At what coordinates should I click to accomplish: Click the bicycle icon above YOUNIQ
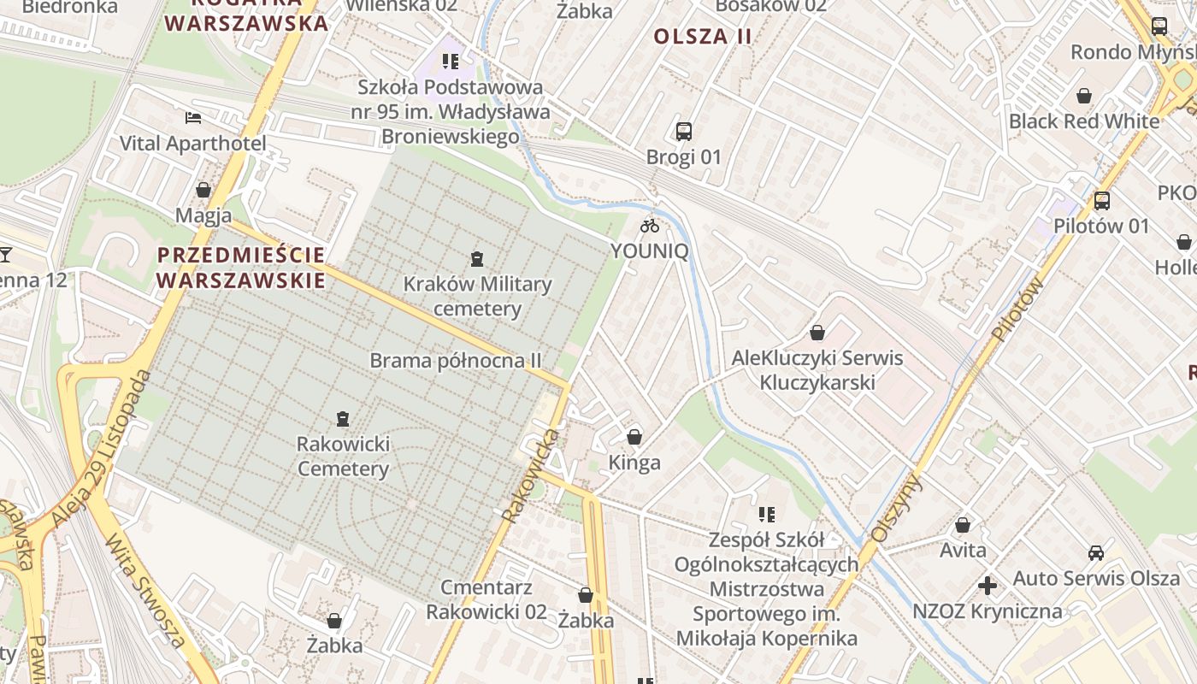click(650, 226)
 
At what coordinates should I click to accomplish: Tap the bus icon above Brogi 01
click(684, 132)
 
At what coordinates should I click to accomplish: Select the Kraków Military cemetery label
click(477, 296)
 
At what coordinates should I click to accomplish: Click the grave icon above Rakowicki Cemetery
click(343, 419)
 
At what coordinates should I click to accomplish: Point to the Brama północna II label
click(456, 360)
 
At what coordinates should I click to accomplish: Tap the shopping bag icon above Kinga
click(634, 438)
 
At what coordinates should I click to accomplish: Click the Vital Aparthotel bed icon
click(193, 118)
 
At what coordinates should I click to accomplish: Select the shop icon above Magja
click(203, 190)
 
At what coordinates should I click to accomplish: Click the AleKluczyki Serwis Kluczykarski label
click(817, 369)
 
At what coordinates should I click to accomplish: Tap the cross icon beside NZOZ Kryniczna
click(988, 586)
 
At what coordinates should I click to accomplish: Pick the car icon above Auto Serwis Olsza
click(1096, 553)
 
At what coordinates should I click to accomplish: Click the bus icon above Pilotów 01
click(1102, 201)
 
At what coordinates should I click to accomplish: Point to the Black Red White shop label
click(1084, 121)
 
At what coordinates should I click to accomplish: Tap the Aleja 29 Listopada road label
click(100, 448)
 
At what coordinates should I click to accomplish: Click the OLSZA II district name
click(703, 36)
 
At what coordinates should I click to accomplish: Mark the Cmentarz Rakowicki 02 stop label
click(486, 599)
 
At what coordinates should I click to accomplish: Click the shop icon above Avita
click(963, 525)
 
